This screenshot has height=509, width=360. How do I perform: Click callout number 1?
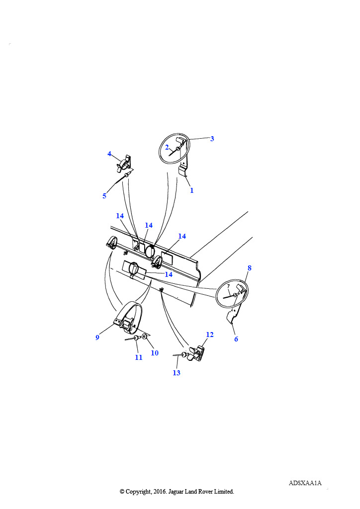[x=191, y=190]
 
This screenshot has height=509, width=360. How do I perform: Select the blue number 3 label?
[x=212, y=139]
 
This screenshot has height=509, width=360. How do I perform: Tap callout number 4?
[x=109, y=154]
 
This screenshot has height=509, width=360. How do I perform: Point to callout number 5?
[x=104, y=196]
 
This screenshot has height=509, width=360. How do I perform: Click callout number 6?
[x=236, y=339]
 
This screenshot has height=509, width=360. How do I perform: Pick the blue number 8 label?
[x=249, y=268]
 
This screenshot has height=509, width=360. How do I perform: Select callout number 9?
[x=97, y=338]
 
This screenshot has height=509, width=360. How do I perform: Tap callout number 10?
[x=155, y=353]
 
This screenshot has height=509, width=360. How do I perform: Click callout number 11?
[x=139, y=358]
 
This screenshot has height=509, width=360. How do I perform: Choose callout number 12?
[x=210, y=335]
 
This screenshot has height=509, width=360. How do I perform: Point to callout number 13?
[x=176, y=373]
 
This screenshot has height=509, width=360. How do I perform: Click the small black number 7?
[x=229, y=286]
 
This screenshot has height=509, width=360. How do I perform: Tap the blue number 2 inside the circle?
[x=167, y=147]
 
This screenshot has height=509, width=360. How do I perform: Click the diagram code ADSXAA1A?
[x=305, y=483]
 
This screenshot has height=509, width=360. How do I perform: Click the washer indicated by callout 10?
[x=145, y=337]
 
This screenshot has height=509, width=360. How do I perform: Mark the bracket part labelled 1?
[x=184, y=170]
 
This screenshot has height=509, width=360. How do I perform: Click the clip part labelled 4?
[x=124, y=163]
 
